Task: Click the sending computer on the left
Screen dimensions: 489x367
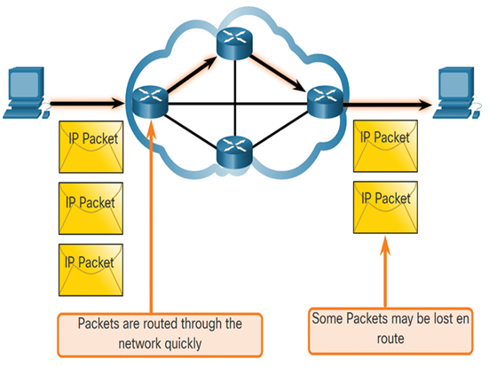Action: [25, 92]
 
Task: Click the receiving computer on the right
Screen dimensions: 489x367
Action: [457, 92]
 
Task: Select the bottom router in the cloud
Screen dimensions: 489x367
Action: [234, 152]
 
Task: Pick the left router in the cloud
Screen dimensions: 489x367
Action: [150, 102]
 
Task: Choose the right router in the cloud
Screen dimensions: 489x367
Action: [326, 102]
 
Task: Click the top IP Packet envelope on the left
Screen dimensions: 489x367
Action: [91, 147]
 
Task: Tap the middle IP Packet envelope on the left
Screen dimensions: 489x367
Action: [91, 208]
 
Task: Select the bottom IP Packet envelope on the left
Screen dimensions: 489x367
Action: [91, 269]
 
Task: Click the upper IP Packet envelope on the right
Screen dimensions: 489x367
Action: [385, 146]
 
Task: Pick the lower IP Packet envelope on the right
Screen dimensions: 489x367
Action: [385, 207]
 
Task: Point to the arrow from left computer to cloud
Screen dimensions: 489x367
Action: [87, 103]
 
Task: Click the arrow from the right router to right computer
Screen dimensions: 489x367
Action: [388, 105]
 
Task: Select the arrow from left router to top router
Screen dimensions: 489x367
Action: [192, 74]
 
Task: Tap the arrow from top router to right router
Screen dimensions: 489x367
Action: [278, 73]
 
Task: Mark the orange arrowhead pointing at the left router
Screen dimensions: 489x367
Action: [151, 127]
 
